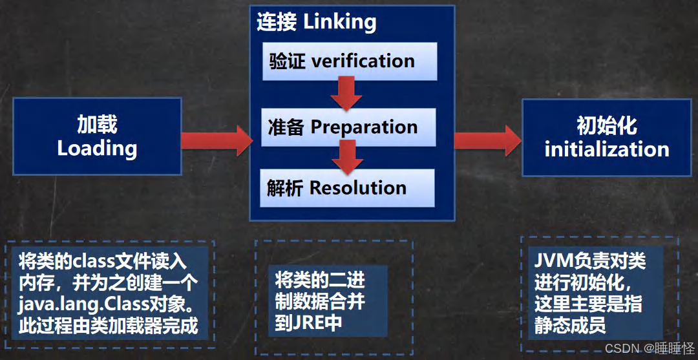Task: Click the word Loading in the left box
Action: [x=97, y=148]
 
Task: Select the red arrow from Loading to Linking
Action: [x=217, y=140]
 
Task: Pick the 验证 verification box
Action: [x=350, y=61]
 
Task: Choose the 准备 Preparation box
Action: [x=350, y=127]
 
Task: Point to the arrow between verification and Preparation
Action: [x=346, y=94]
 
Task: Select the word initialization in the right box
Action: [x=606, y=149]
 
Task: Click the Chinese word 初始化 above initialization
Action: [x=606, y=125]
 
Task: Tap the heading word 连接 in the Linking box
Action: [x=277, y=22]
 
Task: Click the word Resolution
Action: [x=358, y=188]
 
